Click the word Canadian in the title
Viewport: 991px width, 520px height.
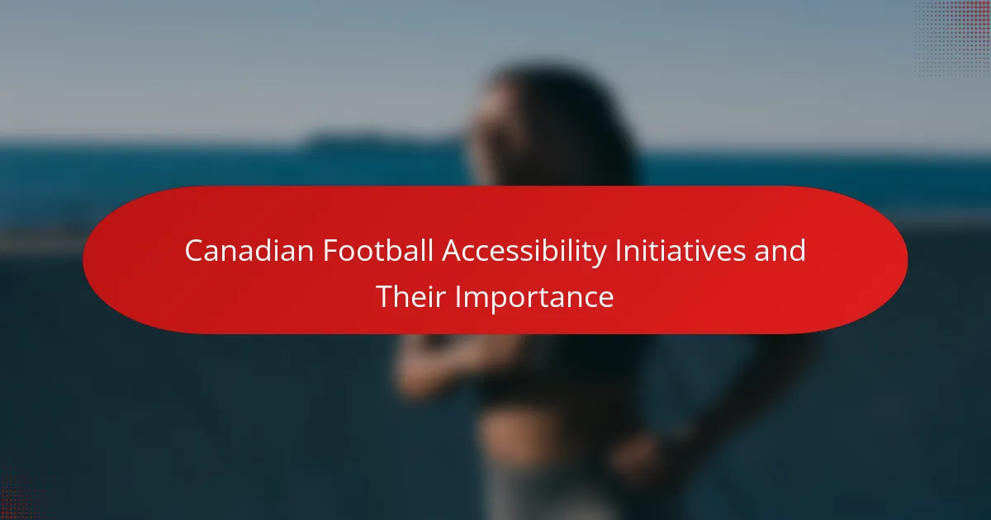(x=249, y=251)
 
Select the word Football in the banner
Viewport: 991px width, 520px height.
(x=378, y=250)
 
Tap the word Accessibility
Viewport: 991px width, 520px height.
(x=524, y=252)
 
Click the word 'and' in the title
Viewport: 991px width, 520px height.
(x=780, y=250)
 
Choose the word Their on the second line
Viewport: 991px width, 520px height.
(x=410, y=296)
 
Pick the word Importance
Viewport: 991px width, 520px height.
(x=534, y=298)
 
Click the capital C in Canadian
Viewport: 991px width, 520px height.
(x=194, y=251)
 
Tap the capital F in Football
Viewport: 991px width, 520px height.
(x=330, y=251)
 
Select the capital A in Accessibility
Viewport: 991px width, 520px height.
(x=453, y=251)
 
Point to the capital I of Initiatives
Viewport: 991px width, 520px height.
(x=619, y=251)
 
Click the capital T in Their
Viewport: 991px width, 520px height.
(x=385, y=296)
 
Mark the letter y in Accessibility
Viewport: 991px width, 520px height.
(x=598, y=255)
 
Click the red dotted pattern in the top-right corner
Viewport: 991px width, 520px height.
(x=953, y=38)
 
